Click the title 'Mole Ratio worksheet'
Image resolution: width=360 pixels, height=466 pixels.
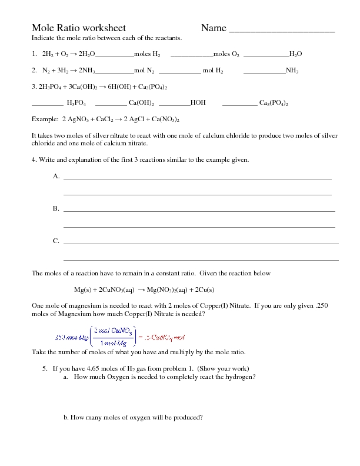coord(78,28)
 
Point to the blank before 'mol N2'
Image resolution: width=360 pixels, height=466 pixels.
coord(114,71)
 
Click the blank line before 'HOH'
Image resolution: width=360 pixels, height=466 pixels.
coord(174,103)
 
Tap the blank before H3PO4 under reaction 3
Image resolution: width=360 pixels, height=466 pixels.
coord(47,103)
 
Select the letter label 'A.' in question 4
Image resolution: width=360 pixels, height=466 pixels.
coord(56,176)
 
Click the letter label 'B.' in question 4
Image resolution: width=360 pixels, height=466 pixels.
coord(56,209)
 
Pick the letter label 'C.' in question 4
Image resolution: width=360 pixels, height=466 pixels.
coord(56,241)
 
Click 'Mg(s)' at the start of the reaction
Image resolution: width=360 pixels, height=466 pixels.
coord(82,289)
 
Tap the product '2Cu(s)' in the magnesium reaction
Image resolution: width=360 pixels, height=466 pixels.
coord(204,289)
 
